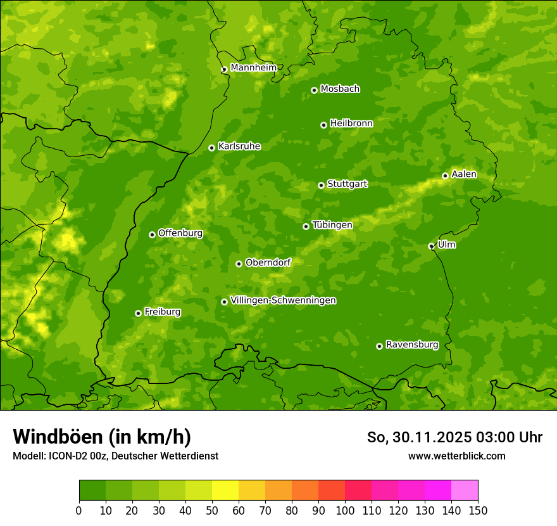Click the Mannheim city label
pyautogui.click(x=253, y=68)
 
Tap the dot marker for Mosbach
pyautogui.click(x=314, y=90)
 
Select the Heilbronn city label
pyautogui.click(x=351, y=124)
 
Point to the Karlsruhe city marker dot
pyautogui.click(x=211, y=148)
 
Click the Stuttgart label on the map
pyautogui.click(x=347, y=184)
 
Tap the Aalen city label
pyautogui.click(x=464, y=174)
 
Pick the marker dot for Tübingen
pyautogui.click(x=306, y=226)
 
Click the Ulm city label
pyautogui.click(x=446, y=245)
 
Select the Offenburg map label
pyautogui.click(x=180, y=233)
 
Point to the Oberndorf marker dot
pyautogui.click(x=239, y=264)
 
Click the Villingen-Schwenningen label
pyautogui.click(x=284, y=300)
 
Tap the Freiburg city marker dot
pyautogui.click(x=138, y=313)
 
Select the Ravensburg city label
pyautogui.click(x=412, y=345)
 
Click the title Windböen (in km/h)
pyautogui.click(x=102, y=437)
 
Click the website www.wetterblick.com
pyautogui.click(x=456, y=456)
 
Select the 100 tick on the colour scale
pyautogui.click(x=345, y=510)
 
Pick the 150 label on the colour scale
pyautogui.click(x=478, y=510)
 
